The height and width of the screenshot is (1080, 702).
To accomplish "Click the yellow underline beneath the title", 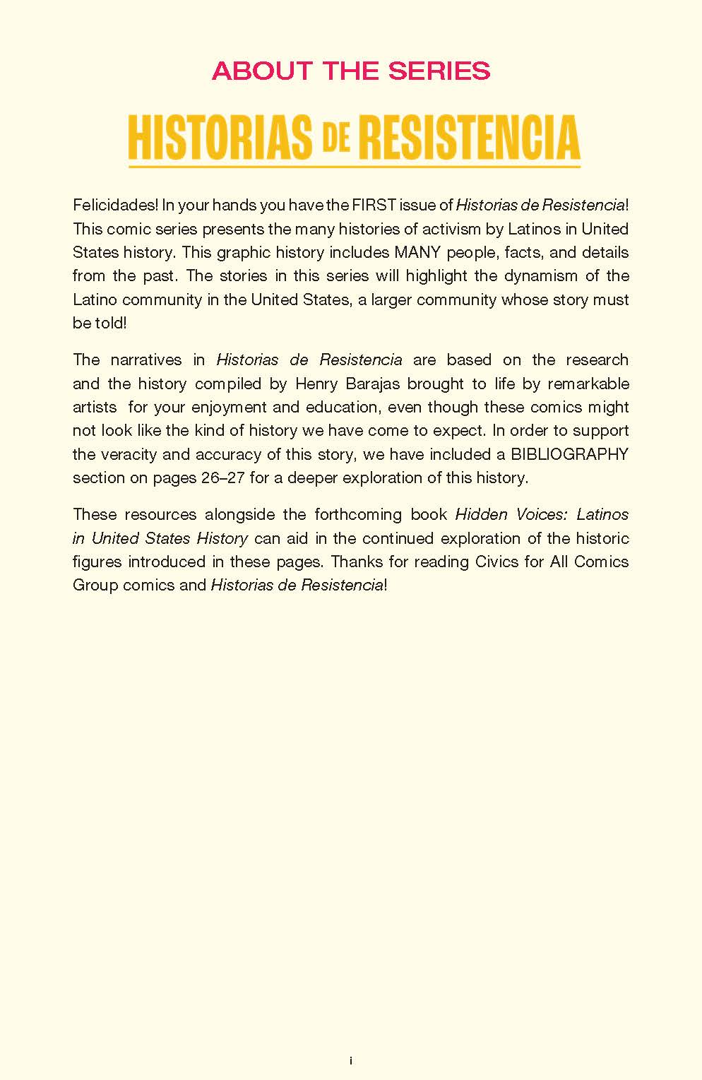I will (354, 167).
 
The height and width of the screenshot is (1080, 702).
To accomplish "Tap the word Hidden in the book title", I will (481, 514).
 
